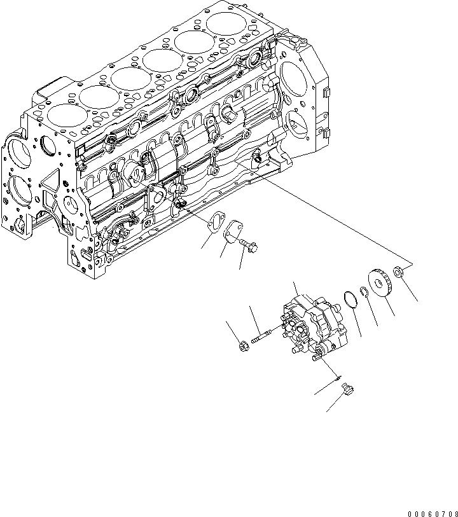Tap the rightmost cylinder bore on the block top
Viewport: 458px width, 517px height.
pos(227,25)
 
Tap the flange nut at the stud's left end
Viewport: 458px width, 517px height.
pos(242,347)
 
